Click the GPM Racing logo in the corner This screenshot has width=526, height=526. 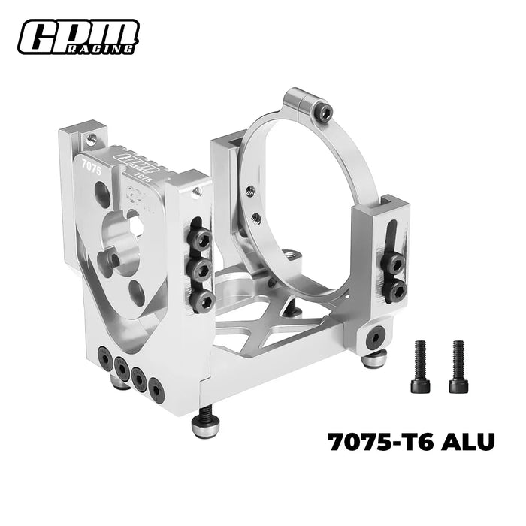point(79,36)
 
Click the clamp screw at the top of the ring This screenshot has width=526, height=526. point(325,113)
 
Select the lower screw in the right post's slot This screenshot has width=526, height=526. point(395,289)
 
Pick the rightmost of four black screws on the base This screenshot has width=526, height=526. point(156,388)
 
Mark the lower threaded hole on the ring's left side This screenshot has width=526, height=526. point(257,219)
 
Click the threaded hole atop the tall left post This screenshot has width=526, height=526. point(92,139)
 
